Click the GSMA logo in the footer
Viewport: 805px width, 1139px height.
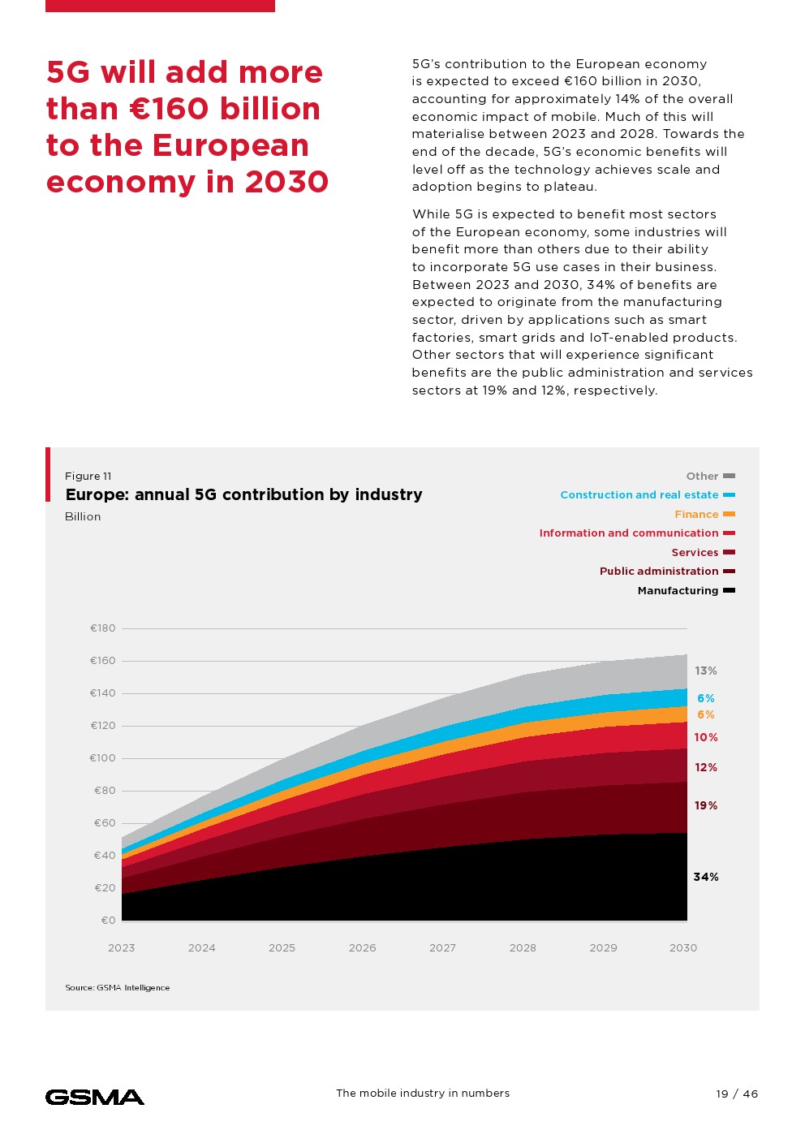tap(95, 1097)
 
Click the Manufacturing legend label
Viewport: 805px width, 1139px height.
tap(678, 590)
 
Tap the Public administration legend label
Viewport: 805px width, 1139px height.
tap(659, 571)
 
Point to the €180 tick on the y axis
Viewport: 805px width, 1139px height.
tap(103, 628)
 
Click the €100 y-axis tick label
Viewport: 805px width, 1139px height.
tap(103, 758)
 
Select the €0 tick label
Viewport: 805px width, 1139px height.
tap(109, 921)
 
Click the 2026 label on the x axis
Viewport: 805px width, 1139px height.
tap(362, 947)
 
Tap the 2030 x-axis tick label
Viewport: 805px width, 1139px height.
tap(683, 947)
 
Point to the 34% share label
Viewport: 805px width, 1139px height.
tap(706, 877)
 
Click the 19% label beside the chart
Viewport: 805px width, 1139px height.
tap(706, 805)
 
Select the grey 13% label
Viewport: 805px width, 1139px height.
tap(706, 671)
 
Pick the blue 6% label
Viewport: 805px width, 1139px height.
tap(706, 698)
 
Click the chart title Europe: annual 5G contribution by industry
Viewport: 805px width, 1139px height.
tap(243, 494)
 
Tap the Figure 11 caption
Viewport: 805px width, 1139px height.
tap(88, 476)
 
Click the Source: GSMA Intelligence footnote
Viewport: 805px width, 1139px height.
tap(118, 987)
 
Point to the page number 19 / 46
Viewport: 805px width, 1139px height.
tap(737, 1094)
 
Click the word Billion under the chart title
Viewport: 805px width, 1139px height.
tap(83, 516)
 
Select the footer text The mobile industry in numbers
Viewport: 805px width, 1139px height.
tap(423, 1093)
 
